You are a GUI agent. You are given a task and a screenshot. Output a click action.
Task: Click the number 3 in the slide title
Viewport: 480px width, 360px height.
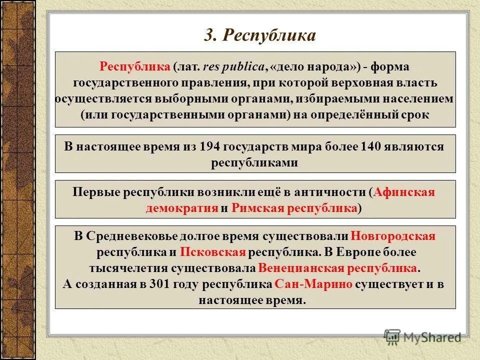(208, 35)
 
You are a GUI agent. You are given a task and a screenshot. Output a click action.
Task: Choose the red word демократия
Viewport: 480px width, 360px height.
(182, 208)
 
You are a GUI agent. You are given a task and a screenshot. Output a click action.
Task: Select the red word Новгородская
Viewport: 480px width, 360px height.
(393, 236)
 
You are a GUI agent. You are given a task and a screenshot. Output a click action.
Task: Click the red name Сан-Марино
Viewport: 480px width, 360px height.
(314, 284)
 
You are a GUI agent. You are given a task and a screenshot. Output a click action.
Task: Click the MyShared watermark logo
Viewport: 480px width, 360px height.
(423, 337)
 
